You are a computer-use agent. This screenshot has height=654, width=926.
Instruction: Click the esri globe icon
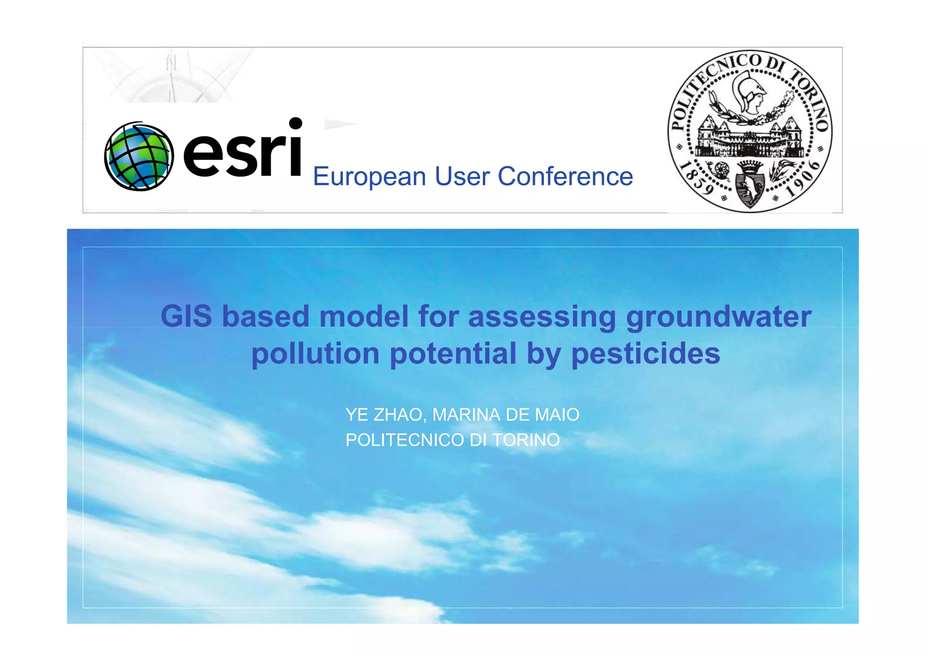(x=139, y=156)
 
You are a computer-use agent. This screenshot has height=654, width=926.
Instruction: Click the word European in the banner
(x=369, y=176)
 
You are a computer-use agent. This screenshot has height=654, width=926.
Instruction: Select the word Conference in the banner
(x=565, y=176)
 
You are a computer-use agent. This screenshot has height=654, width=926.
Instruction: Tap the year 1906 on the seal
(x=803, y=180)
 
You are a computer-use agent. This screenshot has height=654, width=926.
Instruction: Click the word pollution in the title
(x=315, y=354)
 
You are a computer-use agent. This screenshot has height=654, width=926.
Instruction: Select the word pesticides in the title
(x=646, y=354)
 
